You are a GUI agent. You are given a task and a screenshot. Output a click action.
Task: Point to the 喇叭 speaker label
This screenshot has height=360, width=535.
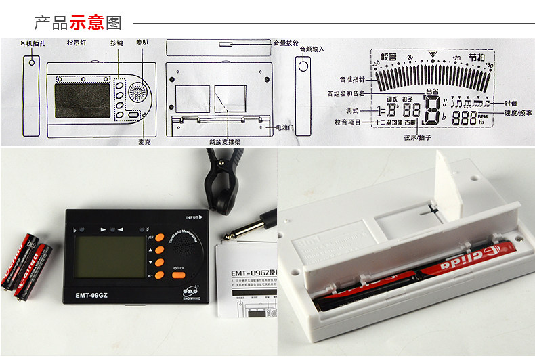tap(142, 43)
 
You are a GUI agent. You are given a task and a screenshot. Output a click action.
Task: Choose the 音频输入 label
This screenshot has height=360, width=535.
tap(312, 49)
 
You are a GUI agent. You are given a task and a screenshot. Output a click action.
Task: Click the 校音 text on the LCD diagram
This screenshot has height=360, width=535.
tap(388, 57)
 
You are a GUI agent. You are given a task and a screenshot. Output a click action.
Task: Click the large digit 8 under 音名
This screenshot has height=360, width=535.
tap(431, 111)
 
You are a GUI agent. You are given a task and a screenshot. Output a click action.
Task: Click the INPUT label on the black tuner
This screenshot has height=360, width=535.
tap(192, 217)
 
